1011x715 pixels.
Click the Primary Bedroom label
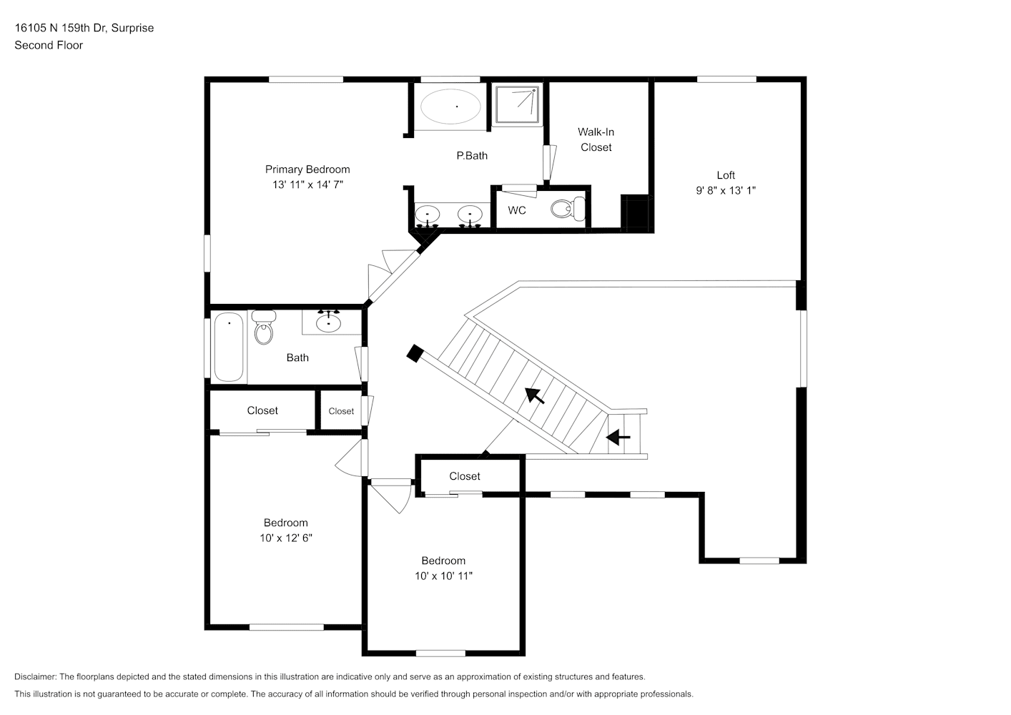coord(307,169)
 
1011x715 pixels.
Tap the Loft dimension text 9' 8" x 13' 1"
coord(726,190)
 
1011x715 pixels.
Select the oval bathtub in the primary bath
coord(450,107)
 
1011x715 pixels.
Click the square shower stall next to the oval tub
coord(517,104)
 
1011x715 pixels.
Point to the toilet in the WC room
coord(568,209)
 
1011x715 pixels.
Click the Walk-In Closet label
coord(596,139)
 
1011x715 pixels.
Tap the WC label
coord(517,210)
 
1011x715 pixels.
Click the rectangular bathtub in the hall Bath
coord(229,347)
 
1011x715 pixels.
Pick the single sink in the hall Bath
coord(329,322)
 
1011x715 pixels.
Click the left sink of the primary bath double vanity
coord(427,215)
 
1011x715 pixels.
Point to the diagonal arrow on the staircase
coord(535,395)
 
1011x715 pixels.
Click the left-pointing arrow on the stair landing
coord(618,437)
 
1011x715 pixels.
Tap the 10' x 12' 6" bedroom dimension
coord(286,538)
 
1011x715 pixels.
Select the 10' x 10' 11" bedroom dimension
coord(443,576)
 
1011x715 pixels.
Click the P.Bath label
coord(472,156)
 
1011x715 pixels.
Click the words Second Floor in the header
coord(49,45)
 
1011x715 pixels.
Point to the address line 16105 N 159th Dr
coord(61,28)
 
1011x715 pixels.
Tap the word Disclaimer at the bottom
coord(35,676)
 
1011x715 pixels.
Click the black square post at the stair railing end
coord(415,353)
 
